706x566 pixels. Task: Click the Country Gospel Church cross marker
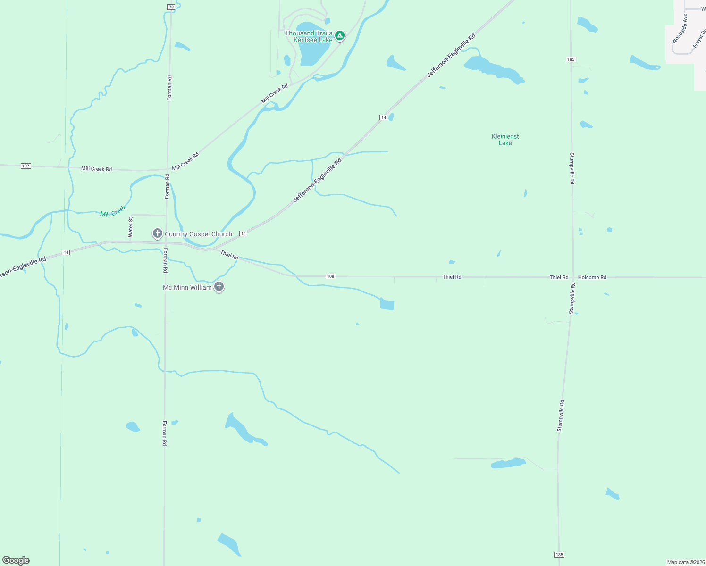[158, 233]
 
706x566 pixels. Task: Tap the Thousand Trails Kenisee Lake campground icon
[339, 35]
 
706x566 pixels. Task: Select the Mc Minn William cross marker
[219, 286]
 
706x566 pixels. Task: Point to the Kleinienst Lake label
[505, 140]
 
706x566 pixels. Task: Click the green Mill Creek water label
[113, 211]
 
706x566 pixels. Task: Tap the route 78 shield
[171, 7]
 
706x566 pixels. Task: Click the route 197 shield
[26, 166]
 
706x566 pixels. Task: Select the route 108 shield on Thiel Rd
[331, 276]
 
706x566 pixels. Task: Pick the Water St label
[131, 227]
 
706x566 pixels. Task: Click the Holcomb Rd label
[592, 278]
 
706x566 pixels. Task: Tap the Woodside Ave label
[680, 29]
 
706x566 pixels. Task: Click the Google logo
[16, 560]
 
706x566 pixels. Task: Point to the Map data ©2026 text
[685, 562]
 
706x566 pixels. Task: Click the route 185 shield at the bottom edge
[559, 555]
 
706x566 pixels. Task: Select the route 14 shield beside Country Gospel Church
[243, 233]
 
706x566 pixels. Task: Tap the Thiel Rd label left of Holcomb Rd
[559, 278]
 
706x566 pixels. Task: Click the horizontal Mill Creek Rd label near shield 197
[96, 169]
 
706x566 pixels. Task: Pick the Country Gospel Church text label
[198, 234]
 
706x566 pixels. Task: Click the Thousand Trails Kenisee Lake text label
[309, 36]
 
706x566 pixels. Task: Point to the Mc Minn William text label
[187, 287]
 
